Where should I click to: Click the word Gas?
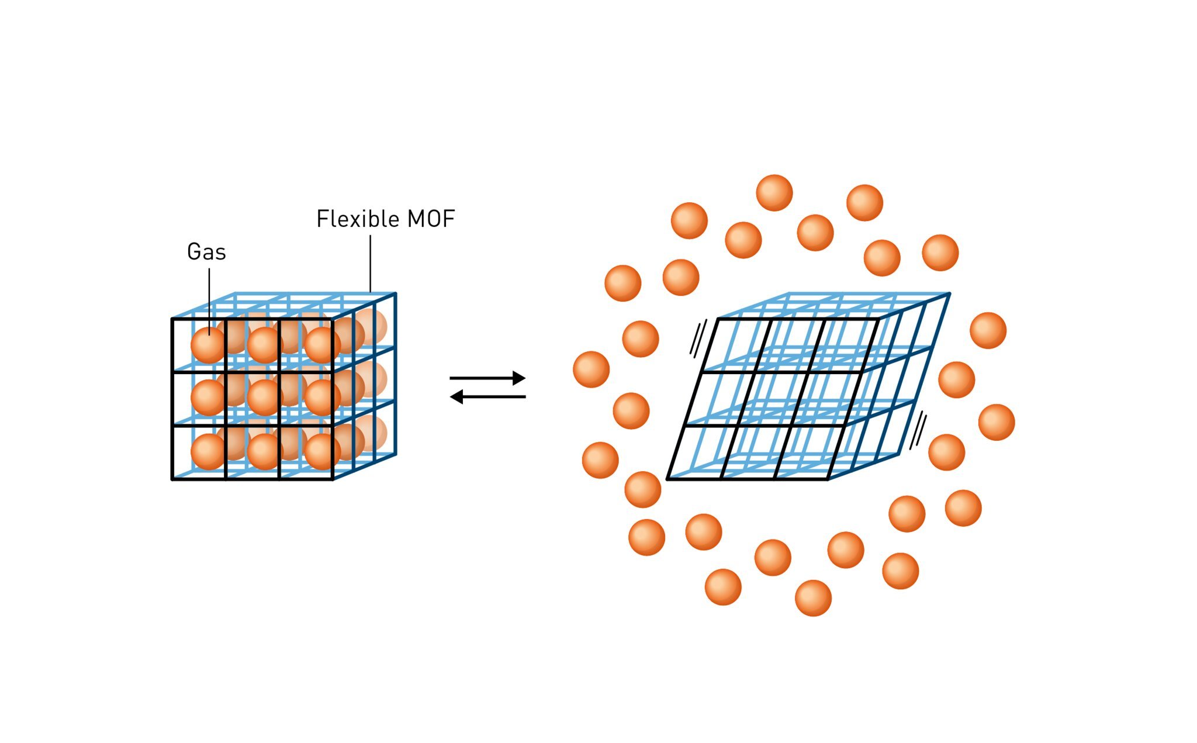pyautogui.click(x=206, y=252)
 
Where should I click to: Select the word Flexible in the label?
pyautogui.click(x=357, y=219)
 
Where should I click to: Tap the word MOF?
pyautogui.click(x=431, y=219)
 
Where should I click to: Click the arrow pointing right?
pyautogui.click(x=487, y=378)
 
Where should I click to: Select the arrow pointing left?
pyautogui.click(x=487, y=397)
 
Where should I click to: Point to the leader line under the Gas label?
pyautogui.click(x=209, y=298)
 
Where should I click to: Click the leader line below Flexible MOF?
pyautogui.click(x=370, y=263)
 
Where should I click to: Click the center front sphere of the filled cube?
pyautogui.click(x=264, y=398)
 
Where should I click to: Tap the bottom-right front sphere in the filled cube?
pyautogui.click(x=321, y=451)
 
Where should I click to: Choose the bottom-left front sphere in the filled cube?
pyautogui.click(x=208, y=451)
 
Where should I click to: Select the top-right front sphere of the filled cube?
pyautogui.click(x=321, y=345)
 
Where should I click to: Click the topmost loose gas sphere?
pyautogui.click(x=774, y=193)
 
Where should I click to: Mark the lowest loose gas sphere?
pyautogui.click(x=813, y=598)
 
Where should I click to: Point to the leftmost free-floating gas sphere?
pyautogui.click(x=591, y=369)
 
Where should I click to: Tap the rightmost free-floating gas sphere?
pyautogui.click(x=997, y=422)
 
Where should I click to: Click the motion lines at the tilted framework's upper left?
pyautogui.click(x=698, y=338)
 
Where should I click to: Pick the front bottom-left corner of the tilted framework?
pyautogui.click(x=667, y=479)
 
